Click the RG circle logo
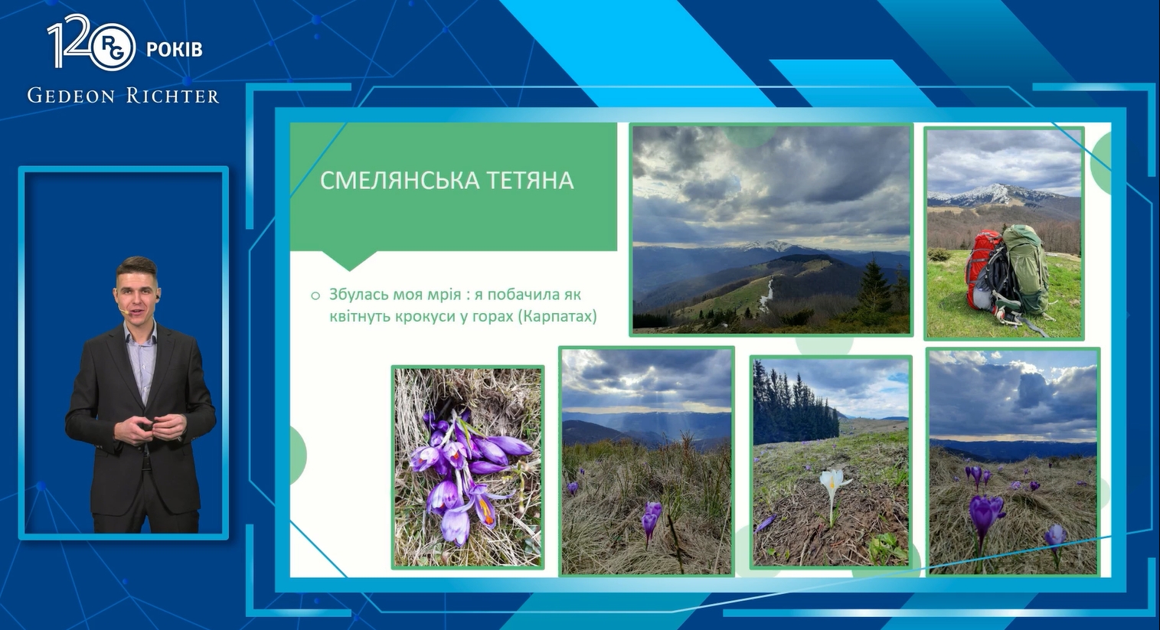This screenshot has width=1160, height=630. pos(115,47)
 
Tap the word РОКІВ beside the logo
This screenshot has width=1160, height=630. pos(174,50)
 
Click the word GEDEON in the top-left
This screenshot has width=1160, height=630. pos(71,96)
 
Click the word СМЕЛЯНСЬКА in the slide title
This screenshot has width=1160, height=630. pos(400,181)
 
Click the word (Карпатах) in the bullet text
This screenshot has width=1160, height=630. pos(557,316)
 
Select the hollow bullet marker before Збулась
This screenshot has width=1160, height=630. pos(315,296)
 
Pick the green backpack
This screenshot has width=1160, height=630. pos(1025,269)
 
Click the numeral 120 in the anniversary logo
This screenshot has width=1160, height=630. pos(73,41)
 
